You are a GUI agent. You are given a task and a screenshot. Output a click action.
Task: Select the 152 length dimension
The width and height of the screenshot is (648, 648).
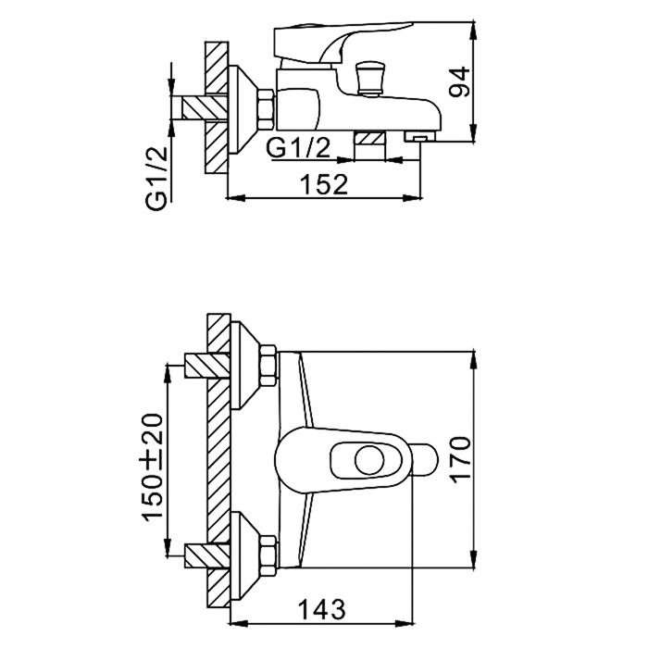(x=325, y=184)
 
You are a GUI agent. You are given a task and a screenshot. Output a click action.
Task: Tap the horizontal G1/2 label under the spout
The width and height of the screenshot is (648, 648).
(x=298, y=147)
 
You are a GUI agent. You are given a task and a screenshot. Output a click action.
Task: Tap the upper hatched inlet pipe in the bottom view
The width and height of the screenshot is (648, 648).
(x=196, y=365)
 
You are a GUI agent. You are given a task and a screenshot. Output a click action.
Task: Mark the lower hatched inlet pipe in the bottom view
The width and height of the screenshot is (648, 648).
(x=196, y=555)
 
